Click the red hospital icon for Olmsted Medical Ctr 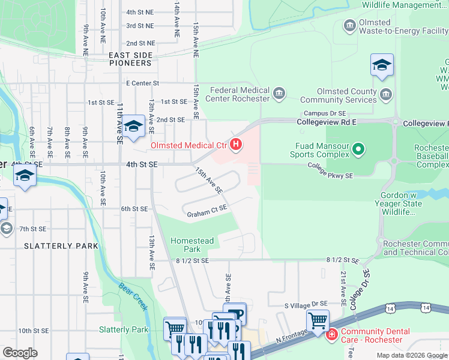click(x=237, y=145)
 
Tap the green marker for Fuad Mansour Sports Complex click(x=359, y=148)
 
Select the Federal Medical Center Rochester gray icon click(x=279, y=94)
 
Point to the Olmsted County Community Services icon click(x=385, y=94)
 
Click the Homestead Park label click(x=192, y=244)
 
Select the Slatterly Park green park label click(x=123, y=329)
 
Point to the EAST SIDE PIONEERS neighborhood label click(x=130, y=58)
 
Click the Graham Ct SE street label click(x=206, y=211)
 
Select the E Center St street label click(x=142, y=83)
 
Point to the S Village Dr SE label click(x=306, y=305)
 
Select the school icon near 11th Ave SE click(x=134, y=126)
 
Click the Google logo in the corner click(x=20, y=353)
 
